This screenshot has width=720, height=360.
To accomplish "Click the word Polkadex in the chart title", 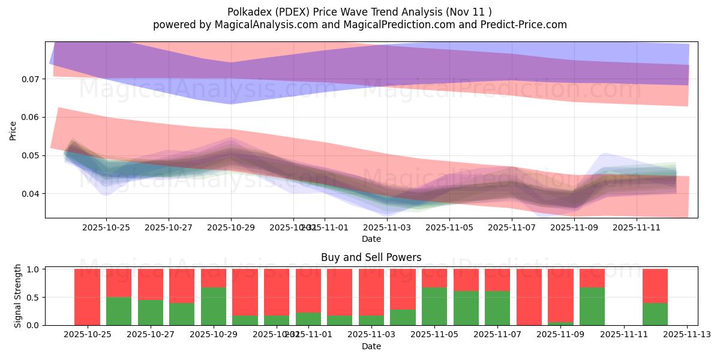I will (x=247, y=11).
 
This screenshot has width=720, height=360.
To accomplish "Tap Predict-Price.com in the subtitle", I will (x=526, y=25).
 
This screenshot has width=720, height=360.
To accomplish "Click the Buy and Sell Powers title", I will (x=371, y=257).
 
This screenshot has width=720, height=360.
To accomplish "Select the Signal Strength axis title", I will (x=18, y=296).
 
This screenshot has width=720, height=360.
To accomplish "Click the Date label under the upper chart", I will (x=371, y=239).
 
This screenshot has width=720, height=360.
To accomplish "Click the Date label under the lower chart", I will (x=371, y=346).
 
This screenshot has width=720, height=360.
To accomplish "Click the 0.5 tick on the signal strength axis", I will (x=34, y=297).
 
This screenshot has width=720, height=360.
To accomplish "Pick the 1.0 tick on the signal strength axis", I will (x=34, y=269).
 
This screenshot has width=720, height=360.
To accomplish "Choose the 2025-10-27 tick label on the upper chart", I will (x=169, y=228).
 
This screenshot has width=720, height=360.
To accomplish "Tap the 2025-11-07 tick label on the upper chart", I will (x=512, y=228).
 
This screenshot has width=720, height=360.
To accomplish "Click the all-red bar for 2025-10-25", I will (x=87, y=297).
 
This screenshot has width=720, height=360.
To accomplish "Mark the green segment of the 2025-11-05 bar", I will (x=434, y=306).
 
